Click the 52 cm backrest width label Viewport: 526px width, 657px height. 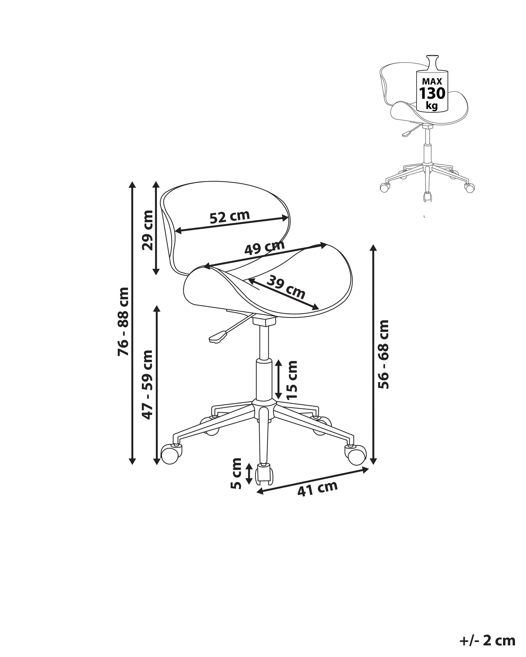point(230,216)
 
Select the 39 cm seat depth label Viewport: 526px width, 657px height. point(286,287)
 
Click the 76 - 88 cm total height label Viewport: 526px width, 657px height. point(123,321)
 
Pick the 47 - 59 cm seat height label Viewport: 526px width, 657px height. point(148,385)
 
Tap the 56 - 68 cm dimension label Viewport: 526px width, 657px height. point(383,354)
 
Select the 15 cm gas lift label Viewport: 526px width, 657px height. point(292,380)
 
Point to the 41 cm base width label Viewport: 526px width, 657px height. point(317,489)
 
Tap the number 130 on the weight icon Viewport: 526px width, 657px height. point(432,93)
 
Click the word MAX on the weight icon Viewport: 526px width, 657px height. point(432,81)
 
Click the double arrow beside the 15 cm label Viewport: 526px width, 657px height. point(278,379)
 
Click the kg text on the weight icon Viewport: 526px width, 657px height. point(432,106)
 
